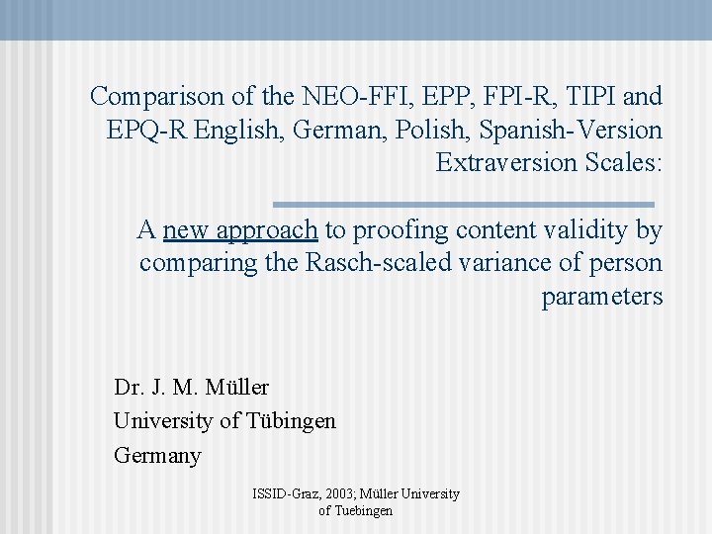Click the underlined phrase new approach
tap(240, 230)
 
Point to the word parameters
tap(601, 298)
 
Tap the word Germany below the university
tap(157, 456)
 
